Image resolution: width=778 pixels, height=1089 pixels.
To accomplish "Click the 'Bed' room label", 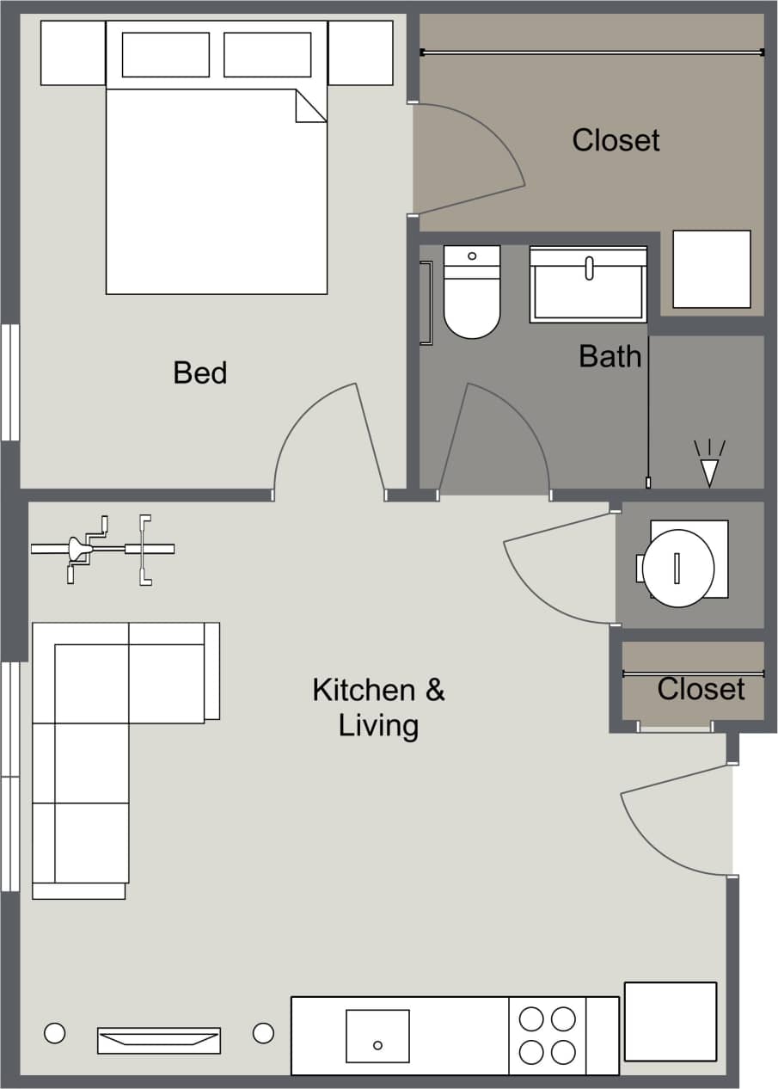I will point(199,372).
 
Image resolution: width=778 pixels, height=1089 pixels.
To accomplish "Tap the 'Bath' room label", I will point(610,355).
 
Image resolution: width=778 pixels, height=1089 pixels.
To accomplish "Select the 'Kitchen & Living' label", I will point(378,707).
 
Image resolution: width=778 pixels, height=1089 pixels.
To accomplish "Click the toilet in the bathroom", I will point(472,292).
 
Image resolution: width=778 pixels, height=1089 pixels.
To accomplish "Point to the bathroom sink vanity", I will point(588,285).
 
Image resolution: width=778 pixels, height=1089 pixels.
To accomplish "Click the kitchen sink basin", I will point(377,1036).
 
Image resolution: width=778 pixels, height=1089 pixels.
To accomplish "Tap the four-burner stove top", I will point(548,1036).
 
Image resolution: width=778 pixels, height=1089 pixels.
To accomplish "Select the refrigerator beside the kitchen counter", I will point(670,1021).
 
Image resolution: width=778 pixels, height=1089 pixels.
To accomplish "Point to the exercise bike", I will point(103,549).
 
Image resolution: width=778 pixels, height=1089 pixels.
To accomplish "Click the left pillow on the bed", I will point(166,54).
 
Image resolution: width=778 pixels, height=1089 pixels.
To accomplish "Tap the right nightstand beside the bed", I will point(360,52).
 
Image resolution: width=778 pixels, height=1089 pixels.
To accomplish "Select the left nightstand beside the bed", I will point(73,52).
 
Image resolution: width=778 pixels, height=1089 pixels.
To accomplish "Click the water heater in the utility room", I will point(678,567).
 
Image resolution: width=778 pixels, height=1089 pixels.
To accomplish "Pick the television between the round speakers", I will point(159,1040).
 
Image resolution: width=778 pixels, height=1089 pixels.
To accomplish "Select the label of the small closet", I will point(701,688).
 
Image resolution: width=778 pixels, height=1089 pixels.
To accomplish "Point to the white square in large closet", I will point(711,268).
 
